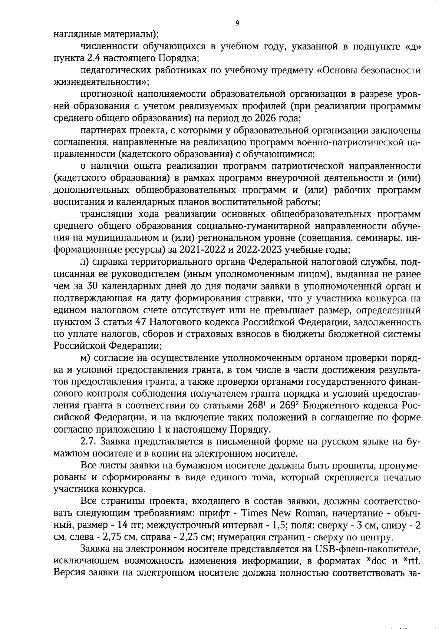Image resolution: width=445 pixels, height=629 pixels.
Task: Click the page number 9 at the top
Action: point(237,23)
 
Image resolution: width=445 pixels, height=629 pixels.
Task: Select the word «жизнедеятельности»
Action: point(101,82)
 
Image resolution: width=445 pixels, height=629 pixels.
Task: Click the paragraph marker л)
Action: point(85,262)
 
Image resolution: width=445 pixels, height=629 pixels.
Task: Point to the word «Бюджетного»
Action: point(330,406)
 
